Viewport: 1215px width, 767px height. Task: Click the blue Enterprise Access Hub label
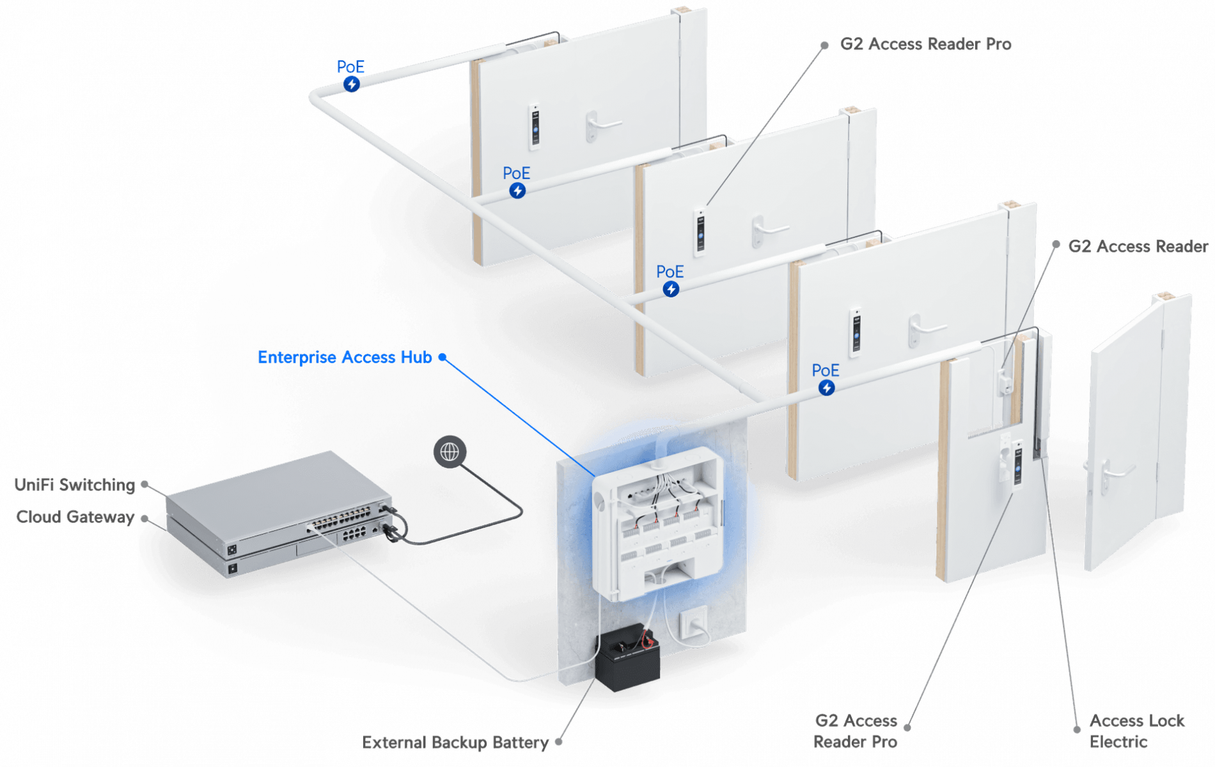(x=344, y=357)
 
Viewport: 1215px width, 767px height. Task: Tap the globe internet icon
(x=450, y=452)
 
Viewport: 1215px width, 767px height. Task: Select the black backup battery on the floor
(x=627, y=662)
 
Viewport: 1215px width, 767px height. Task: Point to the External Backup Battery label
(x=454, y=743)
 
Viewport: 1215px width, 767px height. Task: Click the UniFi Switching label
(x=74, y=484)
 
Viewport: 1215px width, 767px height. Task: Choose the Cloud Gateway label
(x=75, y=516)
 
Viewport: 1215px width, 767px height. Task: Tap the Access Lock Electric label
(x=1136, y=731)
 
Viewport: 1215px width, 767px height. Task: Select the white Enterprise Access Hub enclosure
(x=659, y=524)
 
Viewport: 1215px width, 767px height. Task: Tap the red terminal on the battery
(x=647, y=637)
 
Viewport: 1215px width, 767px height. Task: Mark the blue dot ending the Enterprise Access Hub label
(x=442, y=357)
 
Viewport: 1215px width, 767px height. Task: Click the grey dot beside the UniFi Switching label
(x=145, y=484)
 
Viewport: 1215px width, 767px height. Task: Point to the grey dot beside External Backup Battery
(x=558, y=741)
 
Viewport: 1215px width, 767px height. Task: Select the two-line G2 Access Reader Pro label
(x=856, y=731)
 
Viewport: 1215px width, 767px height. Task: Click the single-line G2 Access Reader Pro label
(x=925, y=44)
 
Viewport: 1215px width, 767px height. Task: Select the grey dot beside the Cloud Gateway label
(x=145, y=518)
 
